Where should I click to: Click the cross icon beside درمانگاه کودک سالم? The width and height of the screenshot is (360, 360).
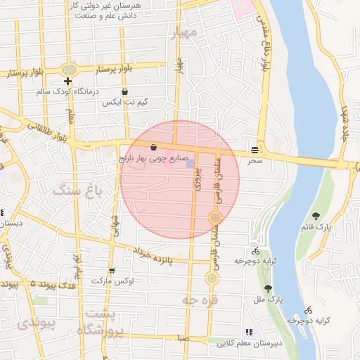pyautogui.click(x=68, y=81)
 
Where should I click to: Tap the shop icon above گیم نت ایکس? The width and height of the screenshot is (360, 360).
pyautogui.click(x=124, y=91)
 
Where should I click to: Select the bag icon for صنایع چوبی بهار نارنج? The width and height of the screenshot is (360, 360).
pyautogui.click(x=153, y=148)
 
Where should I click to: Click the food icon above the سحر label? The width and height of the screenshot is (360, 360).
pyautogui.click(x=254, y=150)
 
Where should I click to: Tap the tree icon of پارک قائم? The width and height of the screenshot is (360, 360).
pyautogui.click(x=315, y=216)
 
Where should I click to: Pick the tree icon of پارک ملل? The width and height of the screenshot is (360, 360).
pyautogui.click(x=268, y=288)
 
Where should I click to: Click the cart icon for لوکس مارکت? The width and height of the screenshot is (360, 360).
pyautogui.click(x=111, y=271)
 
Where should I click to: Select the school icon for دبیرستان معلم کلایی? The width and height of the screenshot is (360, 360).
pyautogui.click(x=248, y=332)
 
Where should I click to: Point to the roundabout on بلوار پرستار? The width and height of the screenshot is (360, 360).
pyautogui.click(x=68, y=70)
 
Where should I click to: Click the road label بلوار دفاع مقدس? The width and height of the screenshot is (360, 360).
pyautogui.click(x=266, y=41)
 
